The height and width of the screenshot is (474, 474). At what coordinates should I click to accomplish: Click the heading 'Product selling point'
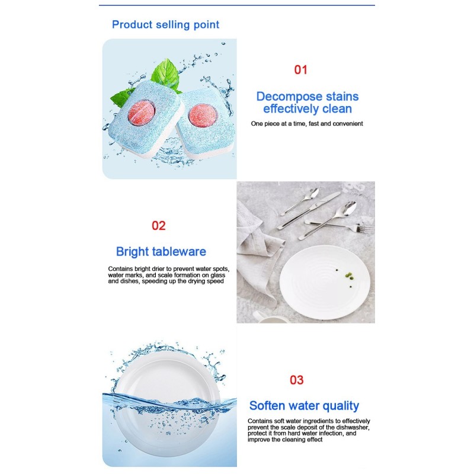[165, 24]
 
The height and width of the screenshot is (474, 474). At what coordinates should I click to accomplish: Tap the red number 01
[301, 69]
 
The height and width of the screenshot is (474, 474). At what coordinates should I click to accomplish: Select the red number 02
[159, 225]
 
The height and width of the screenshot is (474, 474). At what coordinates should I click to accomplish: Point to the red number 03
[296, 380]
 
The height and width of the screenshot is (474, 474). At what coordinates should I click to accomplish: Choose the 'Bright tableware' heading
[161, 251]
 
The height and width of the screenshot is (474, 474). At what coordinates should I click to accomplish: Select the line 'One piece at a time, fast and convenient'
[307, 124]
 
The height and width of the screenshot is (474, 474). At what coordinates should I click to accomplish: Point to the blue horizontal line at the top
[237, 5]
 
